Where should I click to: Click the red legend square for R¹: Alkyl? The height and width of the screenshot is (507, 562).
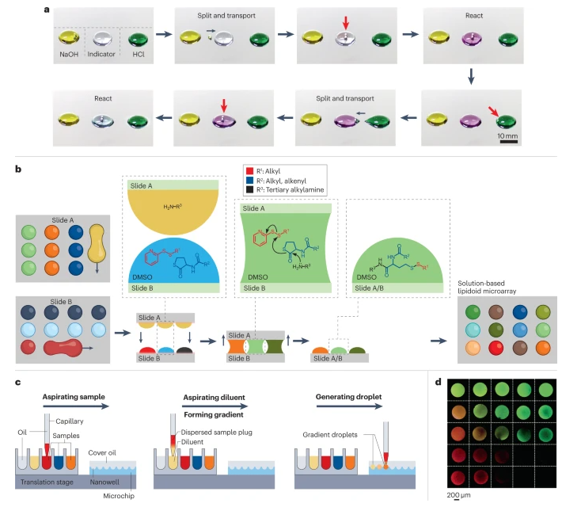point(248,170)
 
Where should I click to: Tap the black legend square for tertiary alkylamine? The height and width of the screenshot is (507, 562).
point(248,191)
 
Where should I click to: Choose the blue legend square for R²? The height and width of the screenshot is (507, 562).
point(248,181)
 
